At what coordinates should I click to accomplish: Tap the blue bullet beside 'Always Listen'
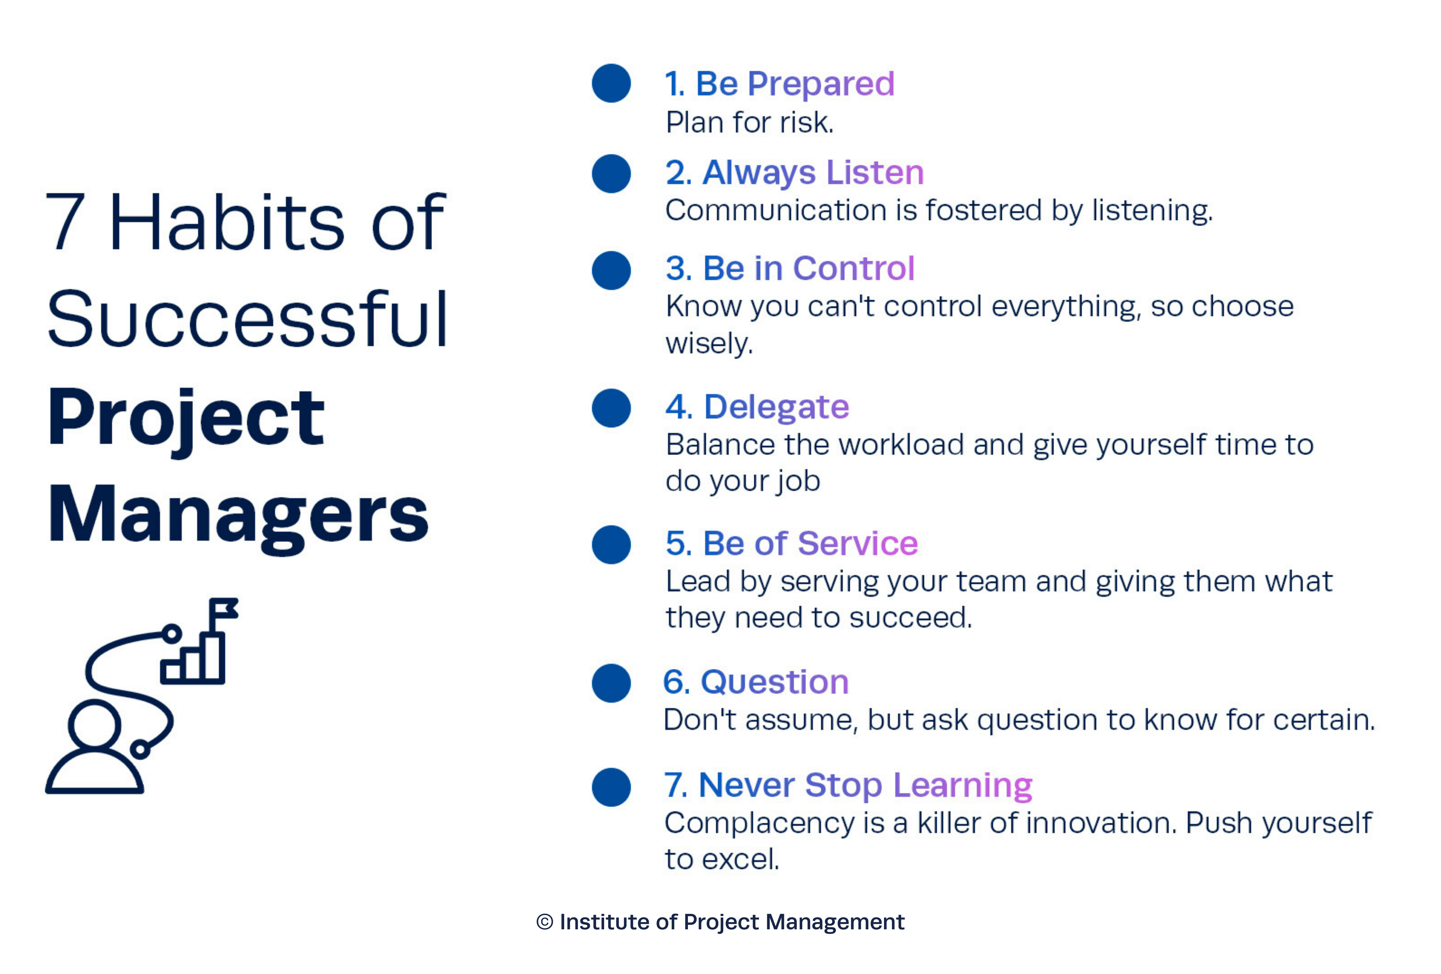click(611, 173)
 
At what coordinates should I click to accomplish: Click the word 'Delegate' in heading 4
click(776, 407)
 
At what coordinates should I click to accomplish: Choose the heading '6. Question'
click(756, 682)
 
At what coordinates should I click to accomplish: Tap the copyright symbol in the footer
click(545, 922)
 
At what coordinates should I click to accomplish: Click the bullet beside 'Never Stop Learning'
click(611, 787)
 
